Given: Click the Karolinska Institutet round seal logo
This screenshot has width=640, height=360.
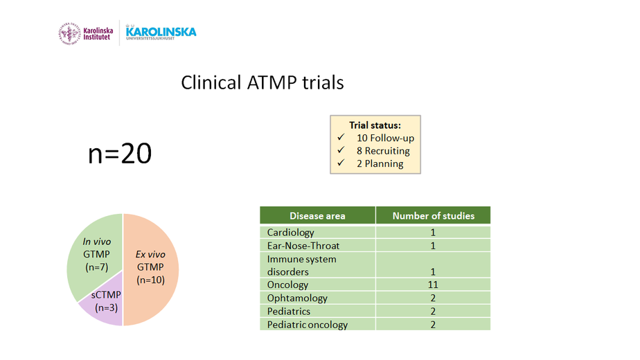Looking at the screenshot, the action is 70,33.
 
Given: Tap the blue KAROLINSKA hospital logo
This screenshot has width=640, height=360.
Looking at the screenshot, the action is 161,33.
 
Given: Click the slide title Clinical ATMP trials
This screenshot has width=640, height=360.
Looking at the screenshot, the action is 263,83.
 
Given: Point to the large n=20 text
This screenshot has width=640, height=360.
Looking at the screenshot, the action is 120,154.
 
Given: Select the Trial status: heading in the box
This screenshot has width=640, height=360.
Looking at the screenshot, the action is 375,125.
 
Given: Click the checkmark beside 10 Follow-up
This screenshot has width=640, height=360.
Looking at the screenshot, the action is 341,138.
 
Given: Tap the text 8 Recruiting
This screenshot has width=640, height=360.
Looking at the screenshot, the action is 383,151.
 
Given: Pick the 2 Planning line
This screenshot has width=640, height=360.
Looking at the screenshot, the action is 380,163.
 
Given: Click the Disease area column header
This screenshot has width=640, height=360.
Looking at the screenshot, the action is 317,215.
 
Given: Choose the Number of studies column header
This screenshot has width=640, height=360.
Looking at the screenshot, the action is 434,215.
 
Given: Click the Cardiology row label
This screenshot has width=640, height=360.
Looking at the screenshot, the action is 291,232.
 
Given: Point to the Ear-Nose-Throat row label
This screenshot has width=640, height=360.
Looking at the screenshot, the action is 303,246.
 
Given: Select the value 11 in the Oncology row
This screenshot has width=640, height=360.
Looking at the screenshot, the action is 433,285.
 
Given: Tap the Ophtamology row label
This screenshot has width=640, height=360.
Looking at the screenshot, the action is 297,298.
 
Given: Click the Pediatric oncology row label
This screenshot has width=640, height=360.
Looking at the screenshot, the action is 308,325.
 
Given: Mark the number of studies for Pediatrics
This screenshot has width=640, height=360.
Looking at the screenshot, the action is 433,312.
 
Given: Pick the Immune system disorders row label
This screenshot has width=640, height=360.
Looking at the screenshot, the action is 301,265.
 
